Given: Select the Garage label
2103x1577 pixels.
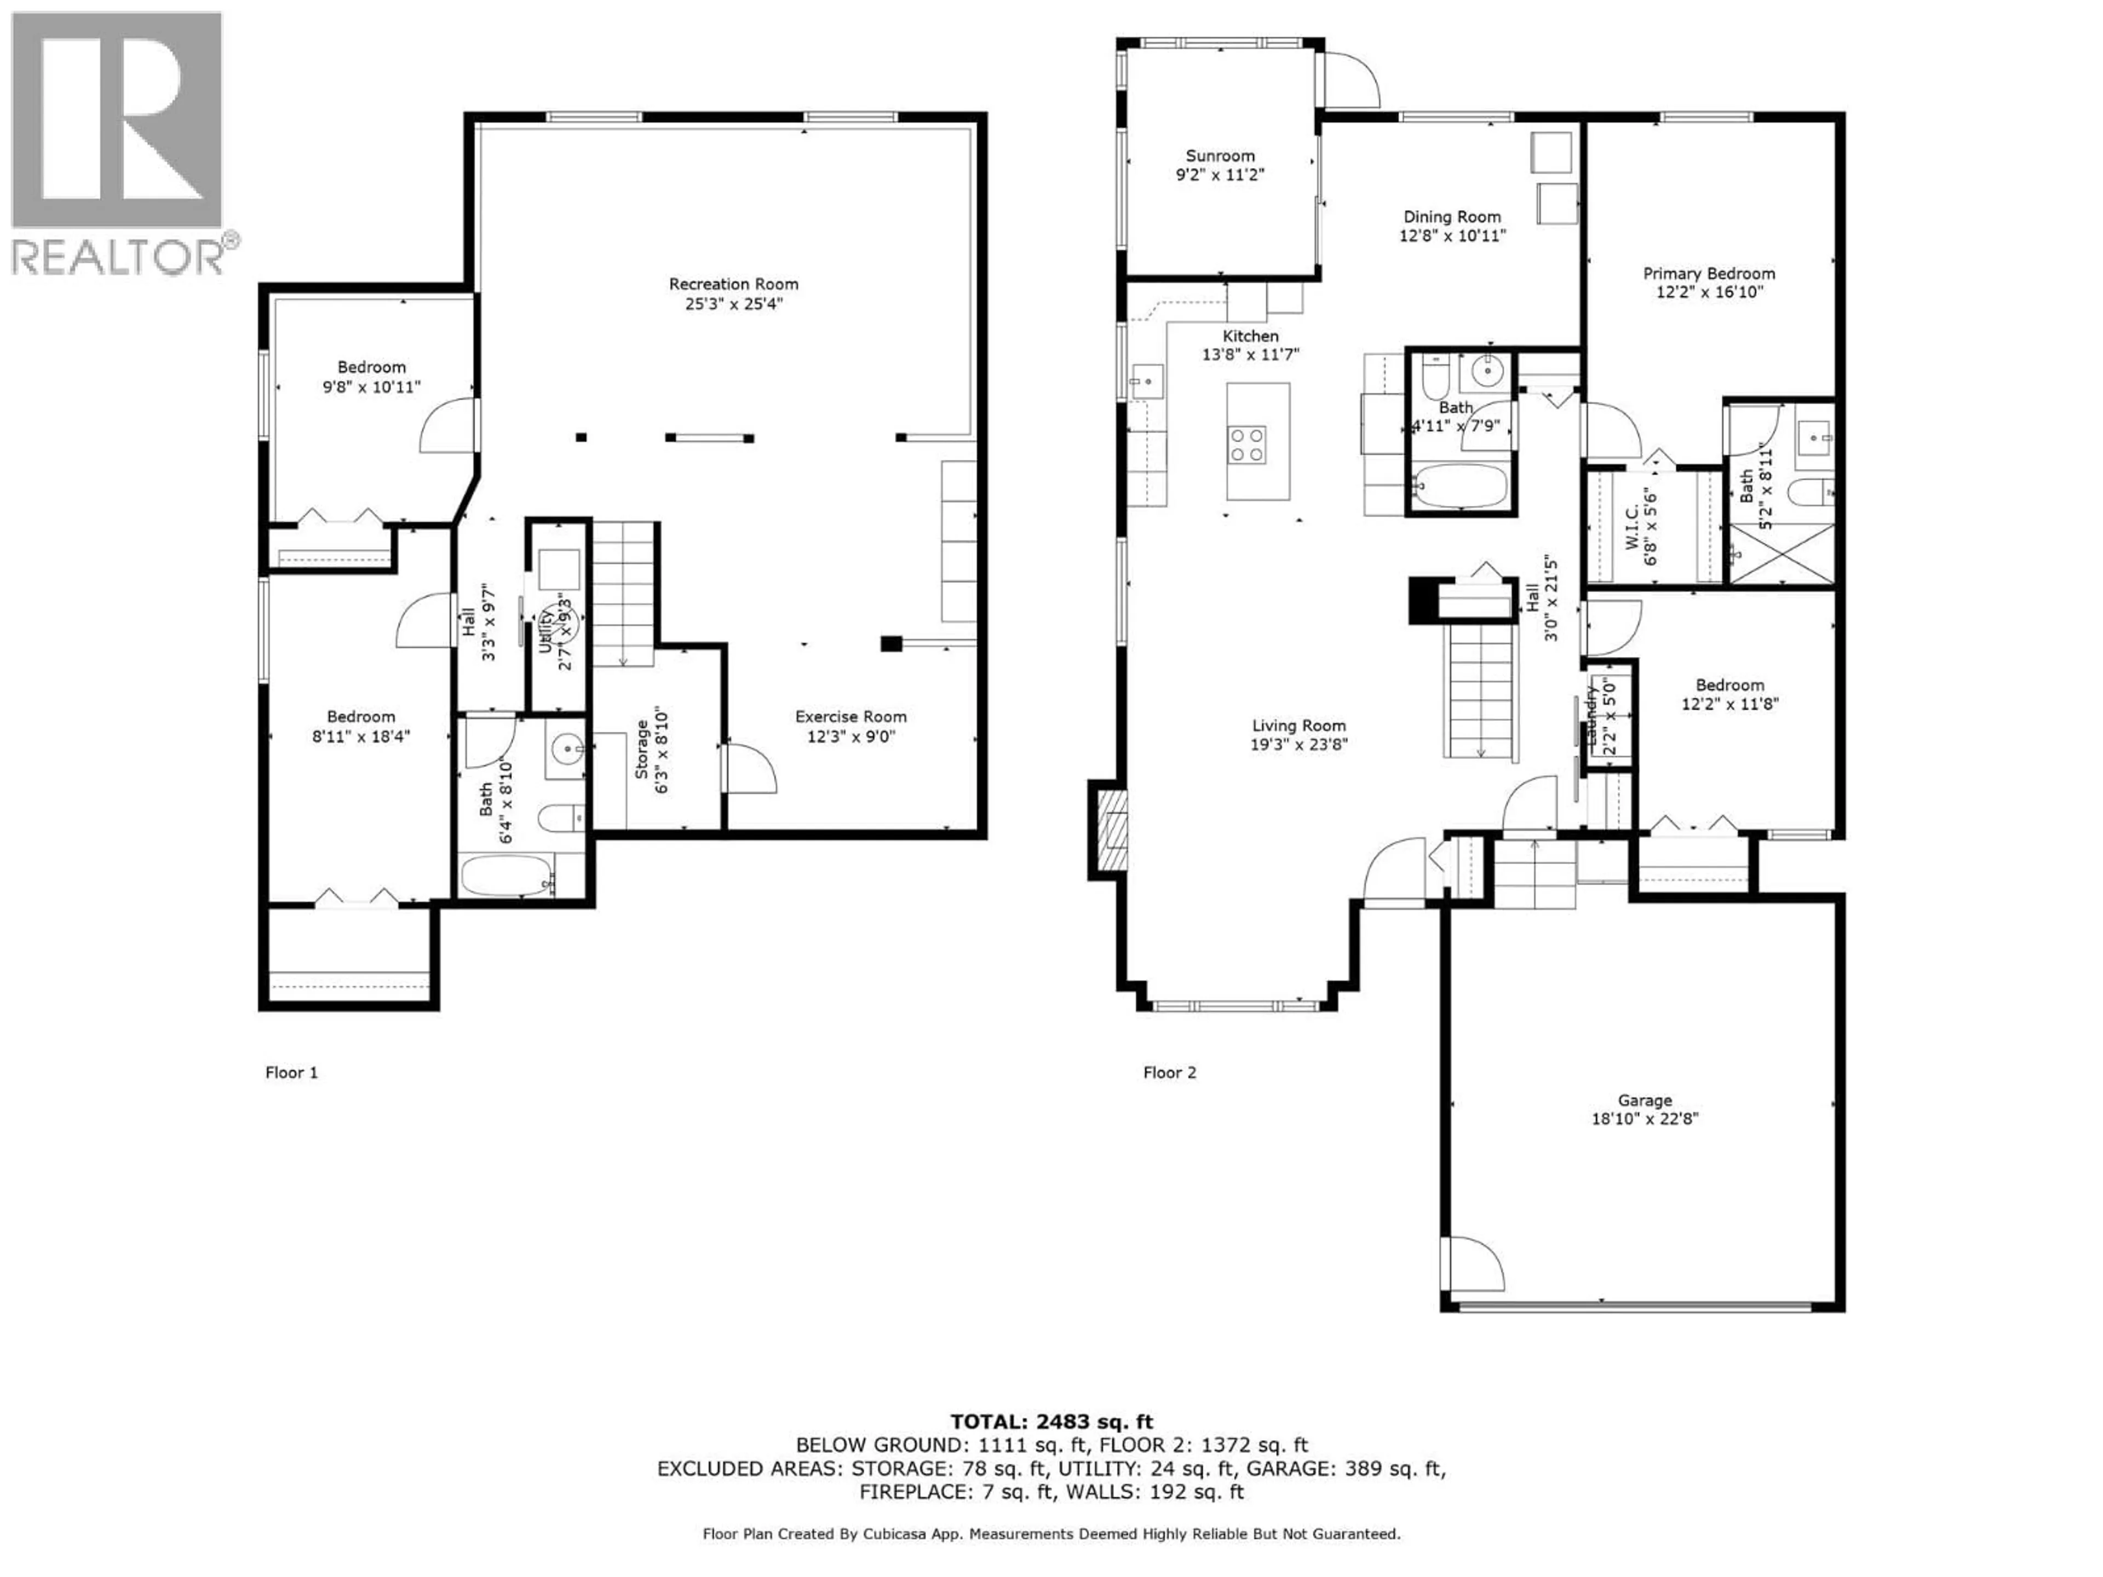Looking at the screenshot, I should click(1644, 1101).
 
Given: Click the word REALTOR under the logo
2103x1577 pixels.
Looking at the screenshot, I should click(118, 257).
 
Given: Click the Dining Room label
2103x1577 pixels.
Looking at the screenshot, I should click(1452, 217).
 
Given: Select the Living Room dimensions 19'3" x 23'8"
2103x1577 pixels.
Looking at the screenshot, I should click(1298, 745).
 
